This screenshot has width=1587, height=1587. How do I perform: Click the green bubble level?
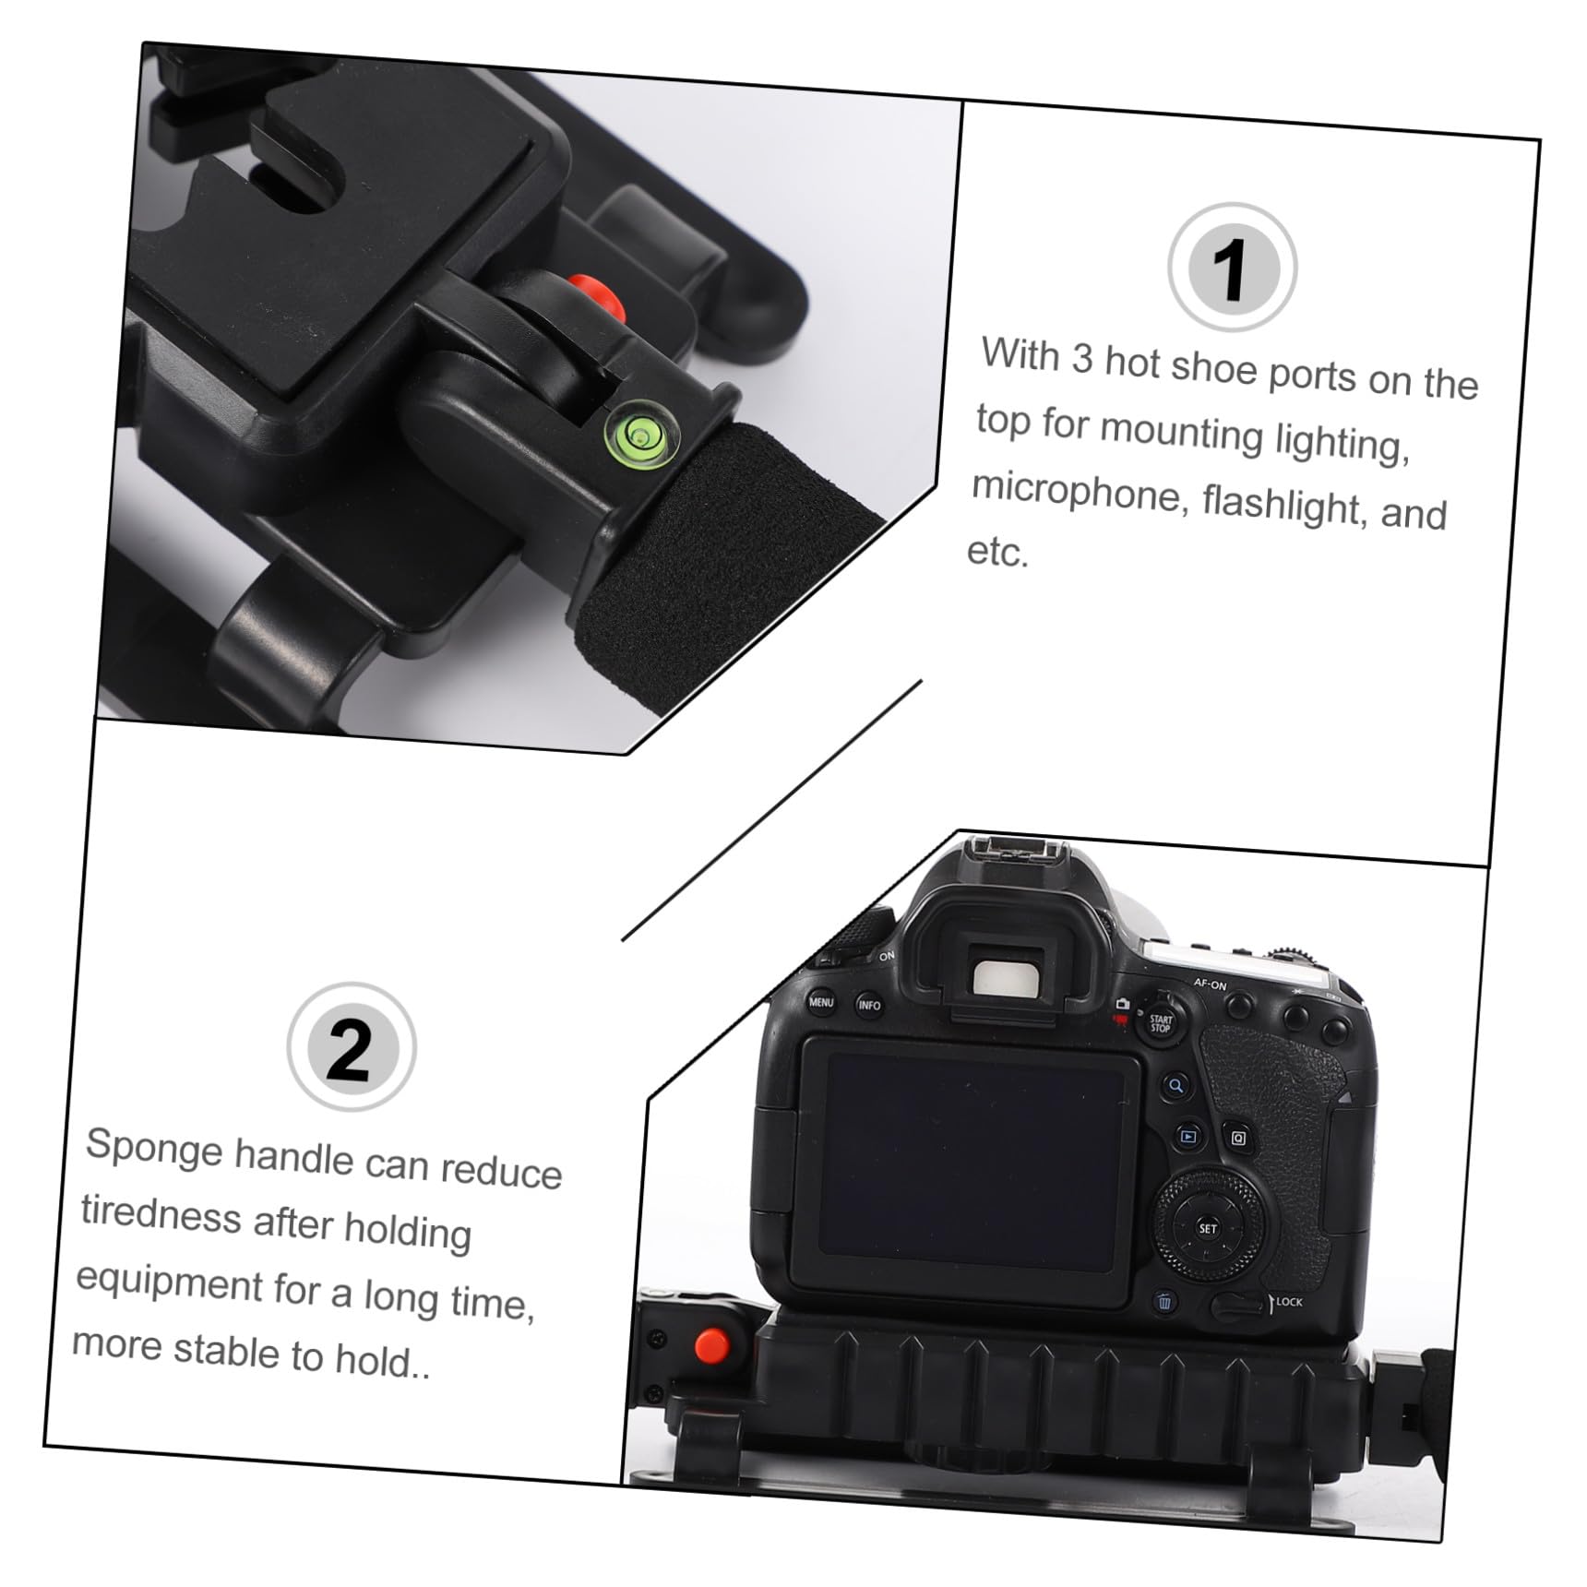641,432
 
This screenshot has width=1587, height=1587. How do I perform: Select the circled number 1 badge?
1232,267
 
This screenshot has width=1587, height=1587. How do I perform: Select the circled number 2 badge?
351,1046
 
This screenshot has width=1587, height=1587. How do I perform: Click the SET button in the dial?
1207,1228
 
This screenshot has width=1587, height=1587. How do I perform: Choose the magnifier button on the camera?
1175,1085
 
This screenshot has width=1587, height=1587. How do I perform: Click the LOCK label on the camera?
1289,1302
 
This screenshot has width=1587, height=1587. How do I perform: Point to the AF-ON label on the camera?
1210,984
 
